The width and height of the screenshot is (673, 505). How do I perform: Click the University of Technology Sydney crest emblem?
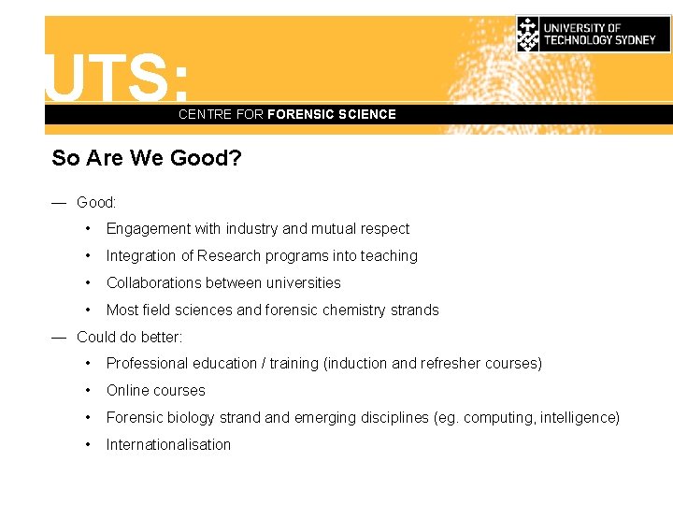(x=529, y=35)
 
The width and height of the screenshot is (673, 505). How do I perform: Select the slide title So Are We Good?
(x=147, y=158)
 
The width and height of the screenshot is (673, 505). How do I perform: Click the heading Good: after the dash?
(x=96, y=202)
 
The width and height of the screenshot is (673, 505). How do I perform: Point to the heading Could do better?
(x=129, y=337)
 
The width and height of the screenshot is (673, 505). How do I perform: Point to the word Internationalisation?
(x=168, y=445)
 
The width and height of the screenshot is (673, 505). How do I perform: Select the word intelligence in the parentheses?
(x=577, y=418)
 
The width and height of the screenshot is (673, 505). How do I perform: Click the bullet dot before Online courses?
(x=87, y=391)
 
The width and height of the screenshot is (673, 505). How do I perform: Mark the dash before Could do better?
(x=59, y=337)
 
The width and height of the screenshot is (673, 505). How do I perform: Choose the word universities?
(x=305, y=283)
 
